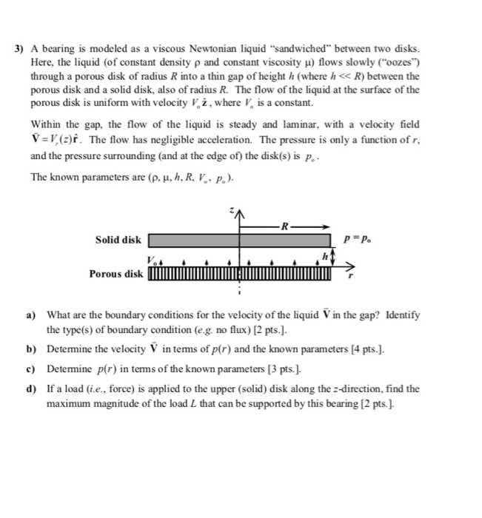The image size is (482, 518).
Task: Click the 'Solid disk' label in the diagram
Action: pyautogui.click(x=118, y=240)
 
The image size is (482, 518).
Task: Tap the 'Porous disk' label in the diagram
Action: pyautogui.click(x=116, y=275)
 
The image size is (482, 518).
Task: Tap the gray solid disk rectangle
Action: pyautogui.click(x=239, y=240)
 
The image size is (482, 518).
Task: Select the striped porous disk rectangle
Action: pyautogui.click(x=239, y=275)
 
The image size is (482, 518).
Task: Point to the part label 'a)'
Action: pyautogui.click(x=32, y=314)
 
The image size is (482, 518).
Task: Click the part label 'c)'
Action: pyautogui.click(x=32, y=369)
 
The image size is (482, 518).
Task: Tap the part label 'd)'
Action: pyautogui.click(x=32, y=388)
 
